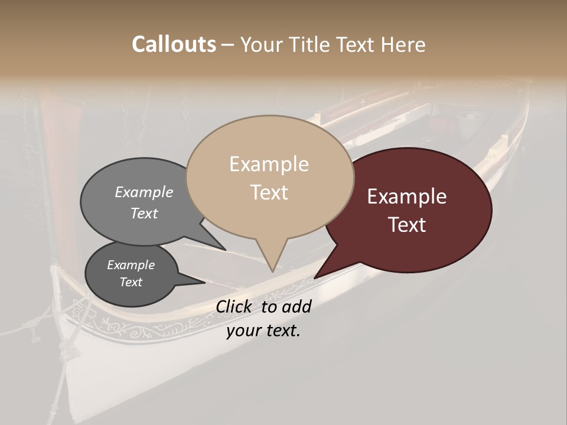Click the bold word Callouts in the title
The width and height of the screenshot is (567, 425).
(174, 44)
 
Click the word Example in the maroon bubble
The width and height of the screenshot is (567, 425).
(407, 197)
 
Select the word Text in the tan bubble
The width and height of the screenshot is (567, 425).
(269, 192)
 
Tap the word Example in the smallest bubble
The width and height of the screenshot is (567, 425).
(131, 265)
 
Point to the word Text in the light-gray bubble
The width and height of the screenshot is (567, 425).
(144, 213)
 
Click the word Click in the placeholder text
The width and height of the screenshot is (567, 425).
(235, 306)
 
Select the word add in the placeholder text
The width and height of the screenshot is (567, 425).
(296, 306)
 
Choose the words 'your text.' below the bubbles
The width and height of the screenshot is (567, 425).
(263, 331)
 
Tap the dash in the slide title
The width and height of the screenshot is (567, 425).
(228, 44)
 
